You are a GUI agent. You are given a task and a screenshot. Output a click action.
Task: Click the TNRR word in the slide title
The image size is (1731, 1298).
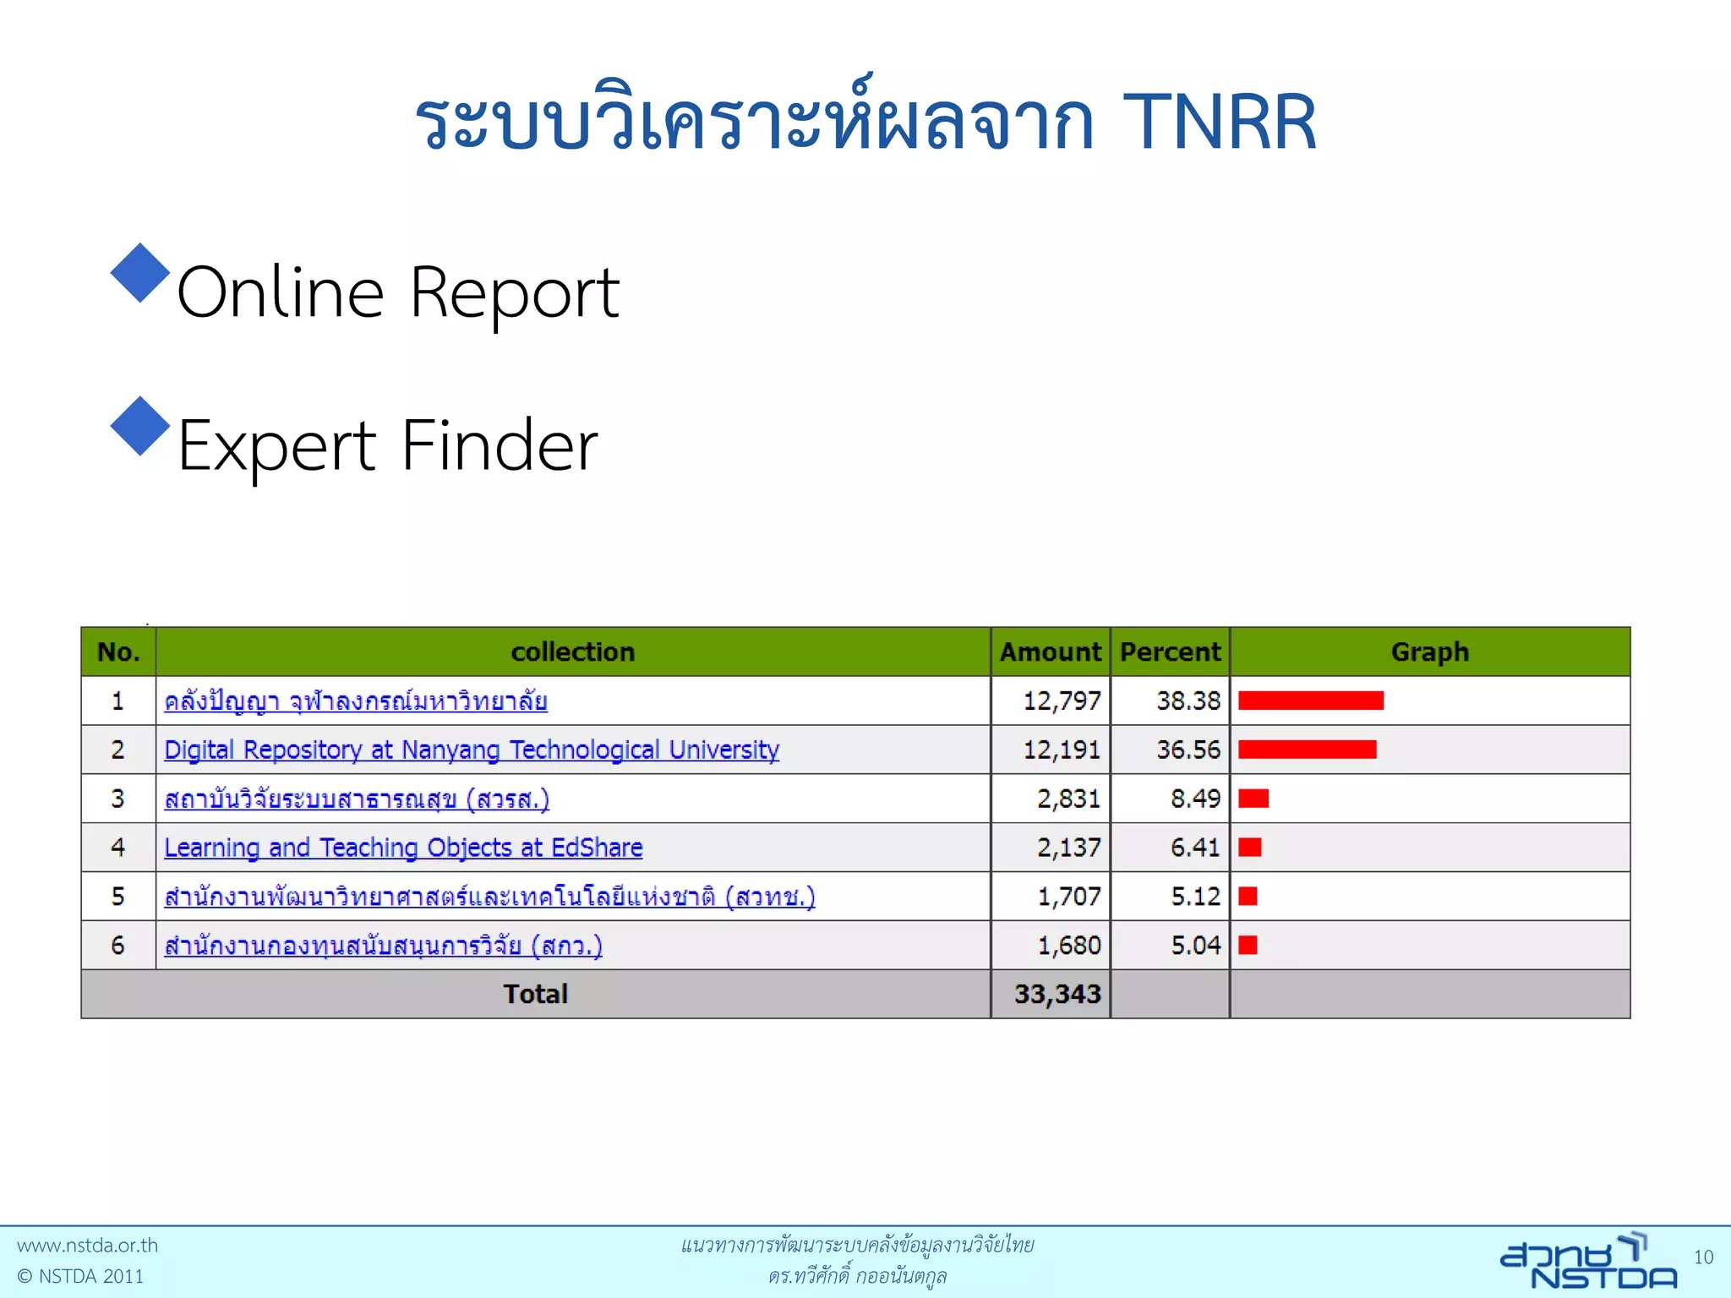pos(1219,123)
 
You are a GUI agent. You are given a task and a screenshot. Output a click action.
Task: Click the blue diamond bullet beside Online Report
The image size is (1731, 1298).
pos(140,273)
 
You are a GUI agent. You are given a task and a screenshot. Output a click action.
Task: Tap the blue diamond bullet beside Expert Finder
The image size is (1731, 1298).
pos(140,426)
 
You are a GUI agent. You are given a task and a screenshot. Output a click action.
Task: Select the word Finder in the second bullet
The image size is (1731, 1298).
pos(499,445)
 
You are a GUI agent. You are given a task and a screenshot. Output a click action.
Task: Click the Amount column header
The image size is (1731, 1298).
pos(1050,652)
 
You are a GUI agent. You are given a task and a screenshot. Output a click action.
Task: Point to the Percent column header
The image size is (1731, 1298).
pos(1170,652)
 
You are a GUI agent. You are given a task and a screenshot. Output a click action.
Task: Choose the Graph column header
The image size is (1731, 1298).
pos(1429,652)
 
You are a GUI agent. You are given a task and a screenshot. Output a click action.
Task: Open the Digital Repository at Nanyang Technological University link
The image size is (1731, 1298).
pos(471,750)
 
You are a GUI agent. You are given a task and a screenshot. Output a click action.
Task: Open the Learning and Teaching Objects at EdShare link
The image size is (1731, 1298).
pos(403,848)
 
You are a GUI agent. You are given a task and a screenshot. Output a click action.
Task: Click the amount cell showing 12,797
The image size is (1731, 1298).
pos(1062,701)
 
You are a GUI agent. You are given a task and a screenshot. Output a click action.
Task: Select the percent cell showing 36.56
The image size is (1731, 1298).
pos(1188,750)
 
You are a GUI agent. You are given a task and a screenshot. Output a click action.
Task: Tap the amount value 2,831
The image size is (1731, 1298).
pos(1068,799)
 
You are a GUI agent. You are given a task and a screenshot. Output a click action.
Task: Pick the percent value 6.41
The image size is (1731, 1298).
pos(1194,848)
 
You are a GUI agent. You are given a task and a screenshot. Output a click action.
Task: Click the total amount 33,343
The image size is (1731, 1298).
pos(1057,995)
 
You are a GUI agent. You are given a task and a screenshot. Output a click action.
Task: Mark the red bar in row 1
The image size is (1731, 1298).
pos(1310,701)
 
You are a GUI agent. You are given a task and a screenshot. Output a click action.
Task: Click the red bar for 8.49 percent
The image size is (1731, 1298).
pos(1253,799)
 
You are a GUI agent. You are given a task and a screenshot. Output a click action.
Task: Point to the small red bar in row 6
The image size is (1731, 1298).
pos(1248,945)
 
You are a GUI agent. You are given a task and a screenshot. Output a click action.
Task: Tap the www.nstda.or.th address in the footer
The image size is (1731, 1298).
pos(87,1246)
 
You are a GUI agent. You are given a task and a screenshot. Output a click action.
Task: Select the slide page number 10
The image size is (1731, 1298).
pos(1703,1257)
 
